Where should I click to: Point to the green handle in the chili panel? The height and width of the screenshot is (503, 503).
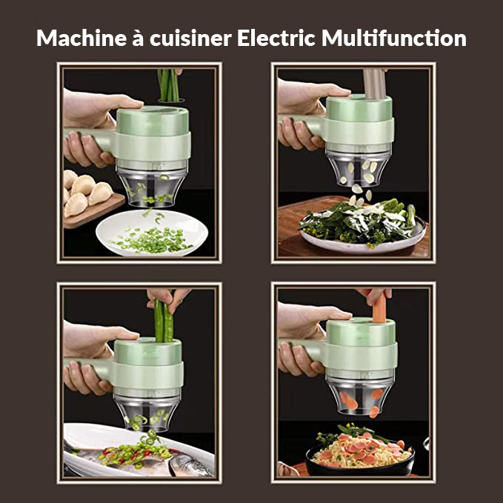(x=89, y=367)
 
